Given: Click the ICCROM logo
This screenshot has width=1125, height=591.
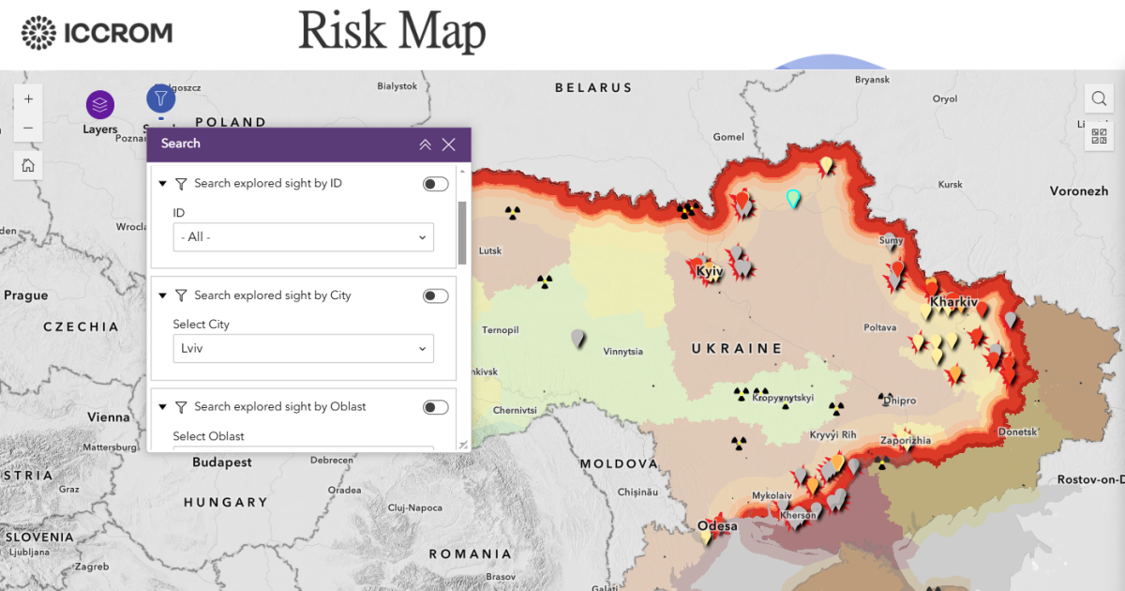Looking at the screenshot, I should click(x=97, y=34).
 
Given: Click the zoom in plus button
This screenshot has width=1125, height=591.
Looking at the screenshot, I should click(x=28, y=98).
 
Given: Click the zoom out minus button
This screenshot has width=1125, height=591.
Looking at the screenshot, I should click(x=28, y=129).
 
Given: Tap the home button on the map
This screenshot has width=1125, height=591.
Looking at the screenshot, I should click(x=28, y=166).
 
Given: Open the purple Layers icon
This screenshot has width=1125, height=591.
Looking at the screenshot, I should click(x=100, y=104).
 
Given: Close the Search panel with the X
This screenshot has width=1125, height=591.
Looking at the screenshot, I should click(x=448, y=144).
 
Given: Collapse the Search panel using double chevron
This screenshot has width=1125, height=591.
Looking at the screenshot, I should click(x=425, y=144).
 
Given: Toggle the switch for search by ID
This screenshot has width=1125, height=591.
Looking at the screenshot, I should click(x=435, y=184).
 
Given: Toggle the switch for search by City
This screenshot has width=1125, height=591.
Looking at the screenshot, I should click(x=435, y=295).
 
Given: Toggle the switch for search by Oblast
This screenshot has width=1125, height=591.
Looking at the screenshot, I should click(x=435, y=407).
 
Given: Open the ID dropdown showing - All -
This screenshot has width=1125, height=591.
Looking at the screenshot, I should click(x=303, y=237).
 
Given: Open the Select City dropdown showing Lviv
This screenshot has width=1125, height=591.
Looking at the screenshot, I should click(x=303, y=349).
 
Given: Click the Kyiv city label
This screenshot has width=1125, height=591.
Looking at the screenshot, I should click(x=709, y=272).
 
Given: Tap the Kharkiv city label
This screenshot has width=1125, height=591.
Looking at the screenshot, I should click(x=954, y=303).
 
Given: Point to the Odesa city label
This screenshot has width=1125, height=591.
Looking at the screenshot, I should click(x=717, y=526).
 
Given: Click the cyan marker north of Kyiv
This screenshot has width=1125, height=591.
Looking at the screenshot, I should click(x=793, y=198).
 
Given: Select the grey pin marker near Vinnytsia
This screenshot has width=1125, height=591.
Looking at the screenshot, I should click(x=578, y=338).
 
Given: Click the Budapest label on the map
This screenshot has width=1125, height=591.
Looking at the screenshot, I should click(x=222, y=462).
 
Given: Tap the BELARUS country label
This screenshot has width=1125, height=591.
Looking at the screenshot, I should click(x=593, y=88).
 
